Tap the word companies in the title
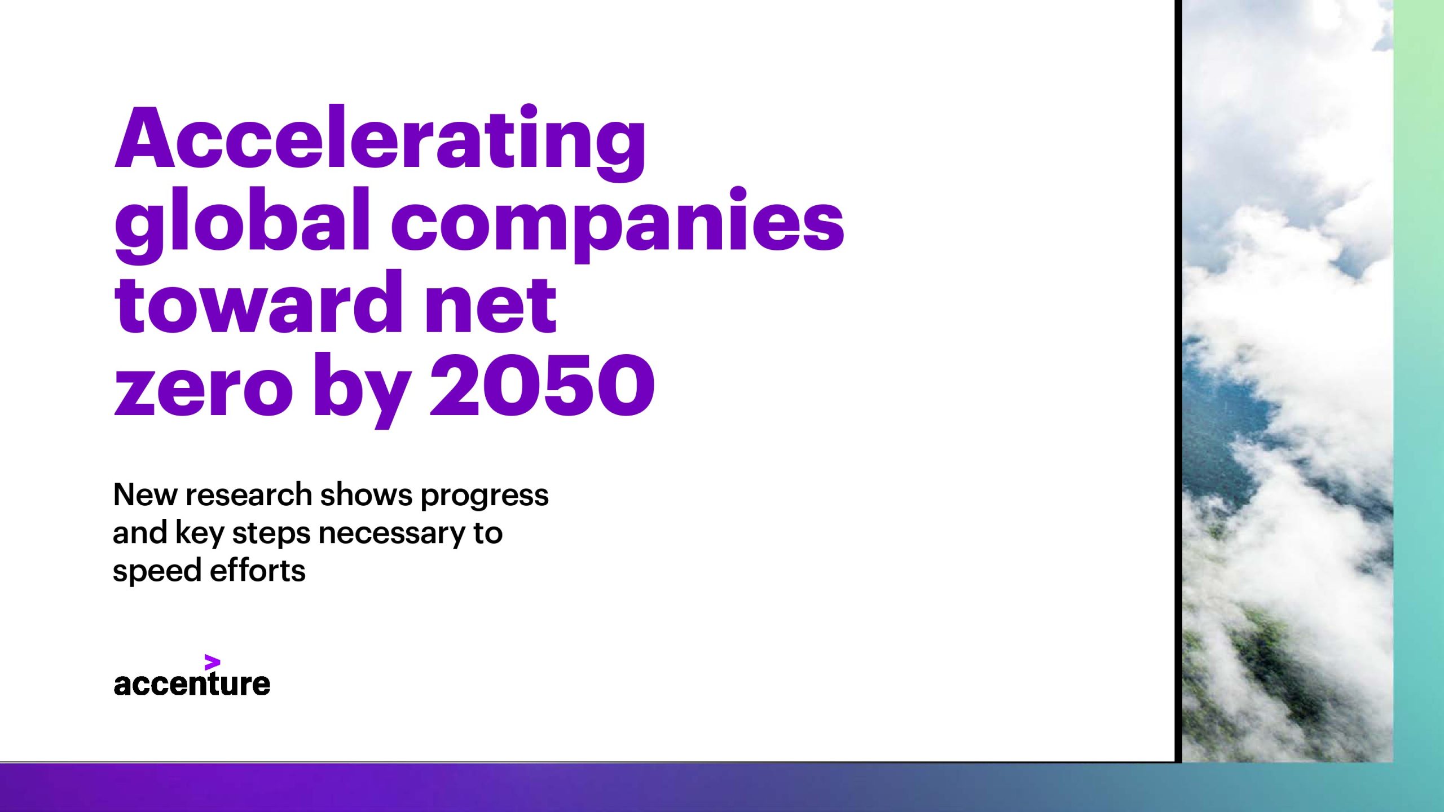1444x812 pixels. click(x=618, y=224)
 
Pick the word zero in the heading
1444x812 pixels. click(x=204, y=390)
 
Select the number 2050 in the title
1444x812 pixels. click(x=542, y=385)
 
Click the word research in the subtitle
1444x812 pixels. click(x=249, y=495)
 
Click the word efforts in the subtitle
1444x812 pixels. click(x=258, y=570)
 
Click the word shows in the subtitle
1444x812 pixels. click(x=367, y=495)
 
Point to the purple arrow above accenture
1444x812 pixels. click(x=212, y=663)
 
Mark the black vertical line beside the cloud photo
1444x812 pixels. click(x=1178, y=381)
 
